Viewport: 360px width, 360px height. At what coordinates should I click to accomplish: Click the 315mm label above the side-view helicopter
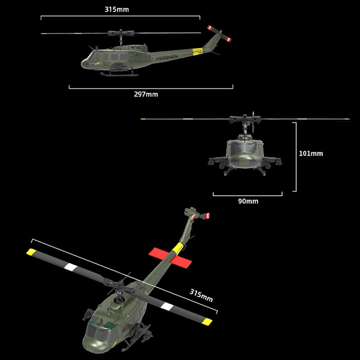point(116,9)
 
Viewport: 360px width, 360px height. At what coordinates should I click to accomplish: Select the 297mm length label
point(146,94)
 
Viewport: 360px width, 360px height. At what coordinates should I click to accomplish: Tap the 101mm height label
point(310,153)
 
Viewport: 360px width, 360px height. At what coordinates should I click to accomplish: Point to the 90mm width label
point(248,201)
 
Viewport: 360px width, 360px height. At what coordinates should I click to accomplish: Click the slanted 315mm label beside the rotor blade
point(201,296)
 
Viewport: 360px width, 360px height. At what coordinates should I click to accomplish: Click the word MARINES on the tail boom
point(167,57)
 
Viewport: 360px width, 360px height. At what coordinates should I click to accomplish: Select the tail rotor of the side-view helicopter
point(220,34)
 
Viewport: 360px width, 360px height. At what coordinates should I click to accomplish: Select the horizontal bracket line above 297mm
point(151,88)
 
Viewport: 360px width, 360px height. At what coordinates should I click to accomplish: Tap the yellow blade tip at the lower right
point(207,322)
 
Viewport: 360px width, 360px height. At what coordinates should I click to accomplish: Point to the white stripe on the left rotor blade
point(71,267)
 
